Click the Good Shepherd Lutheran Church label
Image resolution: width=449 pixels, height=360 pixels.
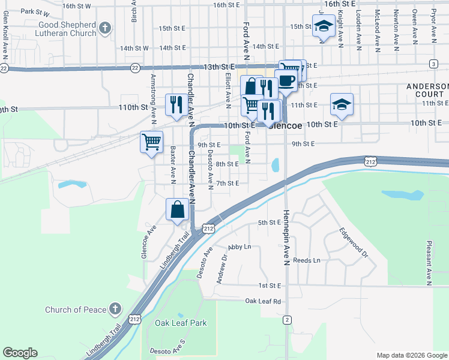[59, 28]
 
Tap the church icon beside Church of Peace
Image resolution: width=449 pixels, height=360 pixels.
[116, 310]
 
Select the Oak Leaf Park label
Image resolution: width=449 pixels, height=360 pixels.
[181, 323]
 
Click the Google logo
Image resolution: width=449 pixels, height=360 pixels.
[20, 353]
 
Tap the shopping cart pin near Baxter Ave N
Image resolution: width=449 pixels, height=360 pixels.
[152, 143]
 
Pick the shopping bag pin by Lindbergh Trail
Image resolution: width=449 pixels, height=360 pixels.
[178, 210]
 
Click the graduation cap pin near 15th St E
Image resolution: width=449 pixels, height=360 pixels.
[324, 26]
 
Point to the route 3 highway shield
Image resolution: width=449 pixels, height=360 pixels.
[433, 64]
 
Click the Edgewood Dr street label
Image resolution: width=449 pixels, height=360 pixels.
[352, 242]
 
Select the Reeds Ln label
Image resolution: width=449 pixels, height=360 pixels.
[307, 261]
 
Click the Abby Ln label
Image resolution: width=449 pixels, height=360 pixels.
[239, 247]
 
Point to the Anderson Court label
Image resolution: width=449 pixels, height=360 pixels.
[427, 90]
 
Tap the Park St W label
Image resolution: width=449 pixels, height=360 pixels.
[35, 11]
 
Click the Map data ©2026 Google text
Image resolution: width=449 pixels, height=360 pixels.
[411, 355]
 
